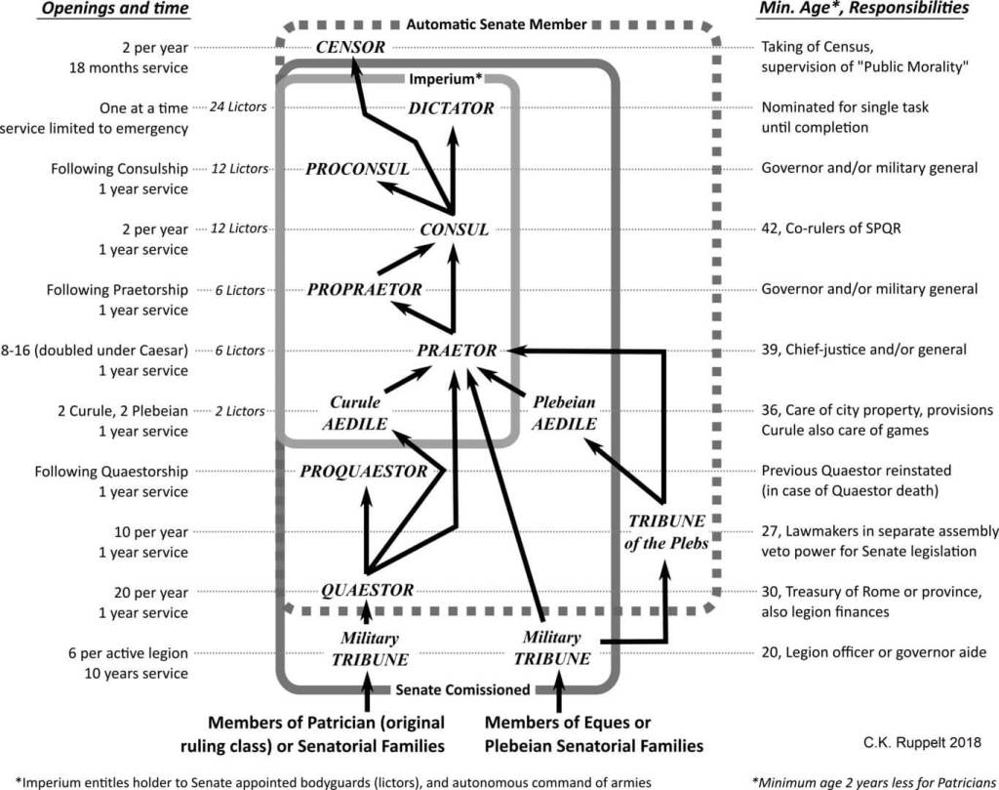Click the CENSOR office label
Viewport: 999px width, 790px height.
(x=350, y=47)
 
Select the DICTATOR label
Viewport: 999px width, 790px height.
(x=451, y=108)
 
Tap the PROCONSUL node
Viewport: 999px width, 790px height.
(x=357, y=169)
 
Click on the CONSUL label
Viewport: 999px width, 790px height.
(x=455, y=229)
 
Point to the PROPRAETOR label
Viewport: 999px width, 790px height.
(x=365, y=290)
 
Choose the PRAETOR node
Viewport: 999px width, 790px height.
(x=457, y=351)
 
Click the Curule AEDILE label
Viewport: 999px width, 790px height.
(x=355, y=413)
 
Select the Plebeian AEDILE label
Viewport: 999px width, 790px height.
(x=564, y=413)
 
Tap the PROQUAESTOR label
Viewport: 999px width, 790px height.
(x=364, y=472)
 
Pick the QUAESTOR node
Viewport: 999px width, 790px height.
(x=367, y=591)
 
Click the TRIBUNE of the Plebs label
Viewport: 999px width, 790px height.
(x=666, y=532)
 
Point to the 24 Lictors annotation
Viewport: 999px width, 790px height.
(x=238, y=107)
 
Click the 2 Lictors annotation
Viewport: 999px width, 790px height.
(x=240, y=411)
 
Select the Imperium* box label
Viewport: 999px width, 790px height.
(x=445, y=79)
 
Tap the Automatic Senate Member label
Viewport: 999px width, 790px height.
(x=497, y=24)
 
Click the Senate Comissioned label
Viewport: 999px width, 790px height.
(x=462, y=689)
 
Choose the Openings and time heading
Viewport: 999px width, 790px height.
(x=115, y=9)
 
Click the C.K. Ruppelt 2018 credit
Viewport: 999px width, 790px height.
(x=923, y=742)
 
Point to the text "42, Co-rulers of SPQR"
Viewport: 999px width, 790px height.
(x=831, y=229)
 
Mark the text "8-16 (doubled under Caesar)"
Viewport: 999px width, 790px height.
(x=95, y=351)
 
